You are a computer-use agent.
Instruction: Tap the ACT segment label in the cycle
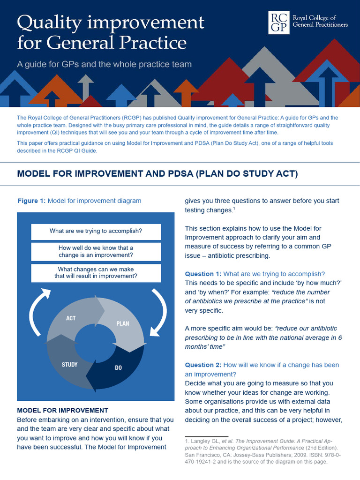71,318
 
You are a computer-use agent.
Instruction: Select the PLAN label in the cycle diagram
123,323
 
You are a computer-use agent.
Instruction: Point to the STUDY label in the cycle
70,364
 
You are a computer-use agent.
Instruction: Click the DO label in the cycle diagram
118,368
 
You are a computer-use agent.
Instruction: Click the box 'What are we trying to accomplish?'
96,231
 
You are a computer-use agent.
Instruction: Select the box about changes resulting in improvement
96,273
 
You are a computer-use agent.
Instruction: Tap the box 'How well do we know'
96,251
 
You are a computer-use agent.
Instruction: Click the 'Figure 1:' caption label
31,201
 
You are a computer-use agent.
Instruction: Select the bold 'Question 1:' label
203,274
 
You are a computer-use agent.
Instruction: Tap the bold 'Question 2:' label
203,365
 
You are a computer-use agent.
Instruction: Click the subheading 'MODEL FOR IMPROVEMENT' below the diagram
62,410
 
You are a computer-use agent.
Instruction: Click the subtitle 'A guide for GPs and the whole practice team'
104,64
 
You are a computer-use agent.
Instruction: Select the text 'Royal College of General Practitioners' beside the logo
320,21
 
